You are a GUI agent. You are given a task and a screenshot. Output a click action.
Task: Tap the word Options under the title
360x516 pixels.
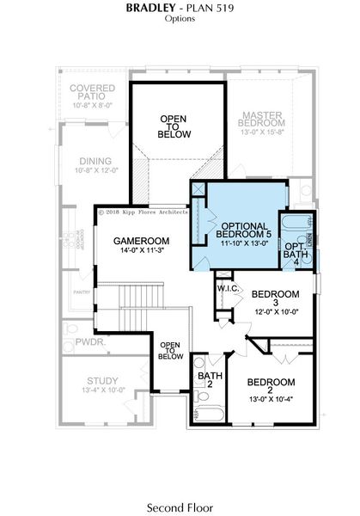click(180, 17)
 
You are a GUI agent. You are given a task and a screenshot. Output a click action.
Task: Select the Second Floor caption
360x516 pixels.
click(180, 507)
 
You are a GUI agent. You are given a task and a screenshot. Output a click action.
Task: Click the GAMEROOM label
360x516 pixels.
click(142, 241)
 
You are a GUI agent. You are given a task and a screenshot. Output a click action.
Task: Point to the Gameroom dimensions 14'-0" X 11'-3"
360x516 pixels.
click(142, 251)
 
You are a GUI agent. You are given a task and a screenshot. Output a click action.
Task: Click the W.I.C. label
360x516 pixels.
click(228, 288)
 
